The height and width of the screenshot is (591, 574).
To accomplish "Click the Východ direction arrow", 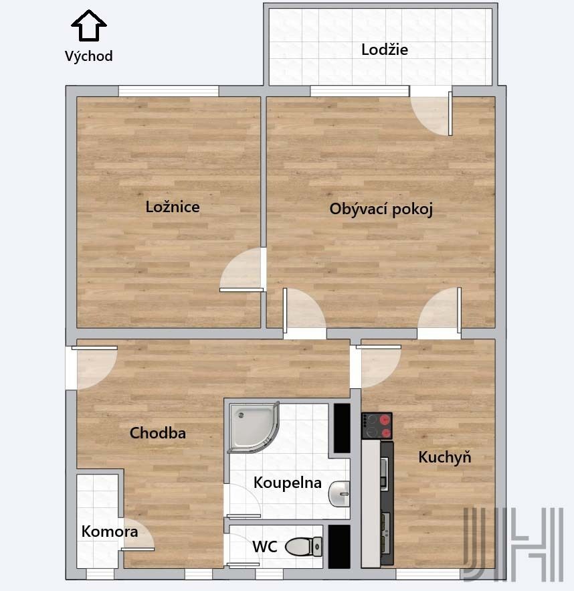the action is (89, 25).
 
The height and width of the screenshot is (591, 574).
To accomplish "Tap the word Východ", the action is (89, 56).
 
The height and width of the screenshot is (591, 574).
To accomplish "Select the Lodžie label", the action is (385, 50).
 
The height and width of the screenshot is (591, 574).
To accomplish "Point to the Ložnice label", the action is (173, 207).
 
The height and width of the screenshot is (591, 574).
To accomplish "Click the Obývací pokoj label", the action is (381, 209).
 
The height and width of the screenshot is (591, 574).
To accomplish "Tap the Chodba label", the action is (158, 433).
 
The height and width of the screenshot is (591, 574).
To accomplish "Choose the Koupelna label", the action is (288, 483).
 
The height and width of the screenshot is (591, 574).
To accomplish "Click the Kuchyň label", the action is (445, 457).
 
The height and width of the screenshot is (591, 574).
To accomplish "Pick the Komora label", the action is (110, 531).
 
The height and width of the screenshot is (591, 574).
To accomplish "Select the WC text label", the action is (265, 547).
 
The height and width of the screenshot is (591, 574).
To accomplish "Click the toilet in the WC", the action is (304, 547).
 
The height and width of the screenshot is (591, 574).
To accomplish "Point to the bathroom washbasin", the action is (339, 494).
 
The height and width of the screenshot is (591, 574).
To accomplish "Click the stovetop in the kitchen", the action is (377, 426).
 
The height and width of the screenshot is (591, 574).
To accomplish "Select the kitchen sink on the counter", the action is (384, 473).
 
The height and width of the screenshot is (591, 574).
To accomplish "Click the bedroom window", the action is (169, 91).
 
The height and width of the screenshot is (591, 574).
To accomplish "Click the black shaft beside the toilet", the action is (339, 547).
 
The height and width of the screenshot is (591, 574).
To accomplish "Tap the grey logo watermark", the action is (513, 543).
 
